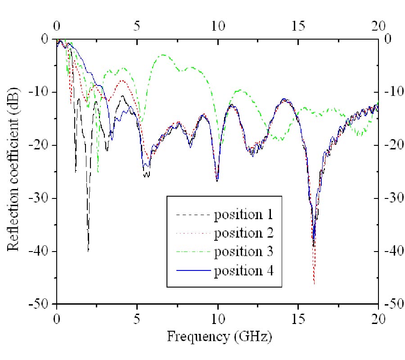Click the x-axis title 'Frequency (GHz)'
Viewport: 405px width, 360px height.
pyautogui.click(x=219, y=335)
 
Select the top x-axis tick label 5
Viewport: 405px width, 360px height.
pyautogui.click(x=137, y=25)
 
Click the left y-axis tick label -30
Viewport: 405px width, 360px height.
pyautogui.click(x=43, y=198)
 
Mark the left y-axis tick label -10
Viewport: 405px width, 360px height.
pyautogui.click(x=43, y=92)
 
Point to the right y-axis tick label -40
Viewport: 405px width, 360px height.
pyautogui.click(x=393, y=251)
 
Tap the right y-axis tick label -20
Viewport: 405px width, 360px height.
pyautogui.click(x=393, y=145)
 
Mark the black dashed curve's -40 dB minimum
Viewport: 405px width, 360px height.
pyautogui.click(x=88, y=251)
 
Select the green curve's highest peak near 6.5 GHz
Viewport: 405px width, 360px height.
pyautogui.click(x=162, y=55)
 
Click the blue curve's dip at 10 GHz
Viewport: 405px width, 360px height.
pyautogui.click(x=217, y=180)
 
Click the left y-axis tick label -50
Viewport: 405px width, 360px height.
pyautogui.click(x=43, y=304)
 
